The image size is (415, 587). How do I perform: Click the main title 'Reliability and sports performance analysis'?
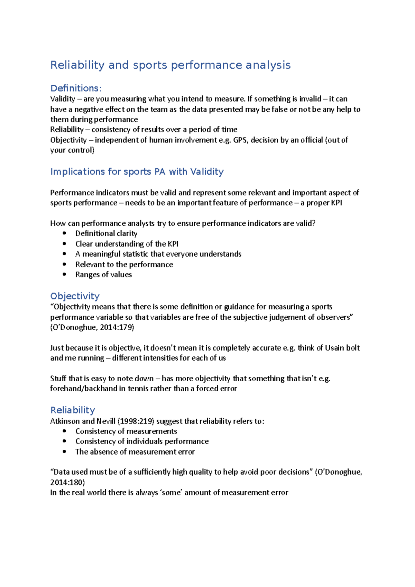(x=170, y=65)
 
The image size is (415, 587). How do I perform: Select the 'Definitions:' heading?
(x=76, y=88)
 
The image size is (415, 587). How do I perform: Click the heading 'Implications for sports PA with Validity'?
(x=137, y=171)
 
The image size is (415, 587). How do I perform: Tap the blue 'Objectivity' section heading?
(x=75, y=296)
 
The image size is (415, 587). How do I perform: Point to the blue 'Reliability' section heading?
(x=73, y=410)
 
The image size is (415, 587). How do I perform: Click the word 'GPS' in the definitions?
(x=240, y=140)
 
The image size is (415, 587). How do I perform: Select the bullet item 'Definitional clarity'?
(x=106, y=233)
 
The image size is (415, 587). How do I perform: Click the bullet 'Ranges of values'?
(x=103, y=274)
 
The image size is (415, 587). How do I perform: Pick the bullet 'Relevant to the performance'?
(x=124, y=264)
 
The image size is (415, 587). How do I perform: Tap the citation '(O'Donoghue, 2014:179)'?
(x=92, y=327)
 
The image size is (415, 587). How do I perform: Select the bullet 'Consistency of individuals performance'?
(x=142, y=441)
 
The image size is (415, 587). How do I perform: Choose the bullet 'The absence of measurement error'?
(x=135, y=452)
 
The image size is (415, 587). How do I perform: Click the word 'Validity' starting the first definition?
(x=63, y=99)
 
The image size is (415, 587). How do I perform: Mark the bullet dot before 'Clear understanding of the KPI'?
(x=64, y=244)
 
